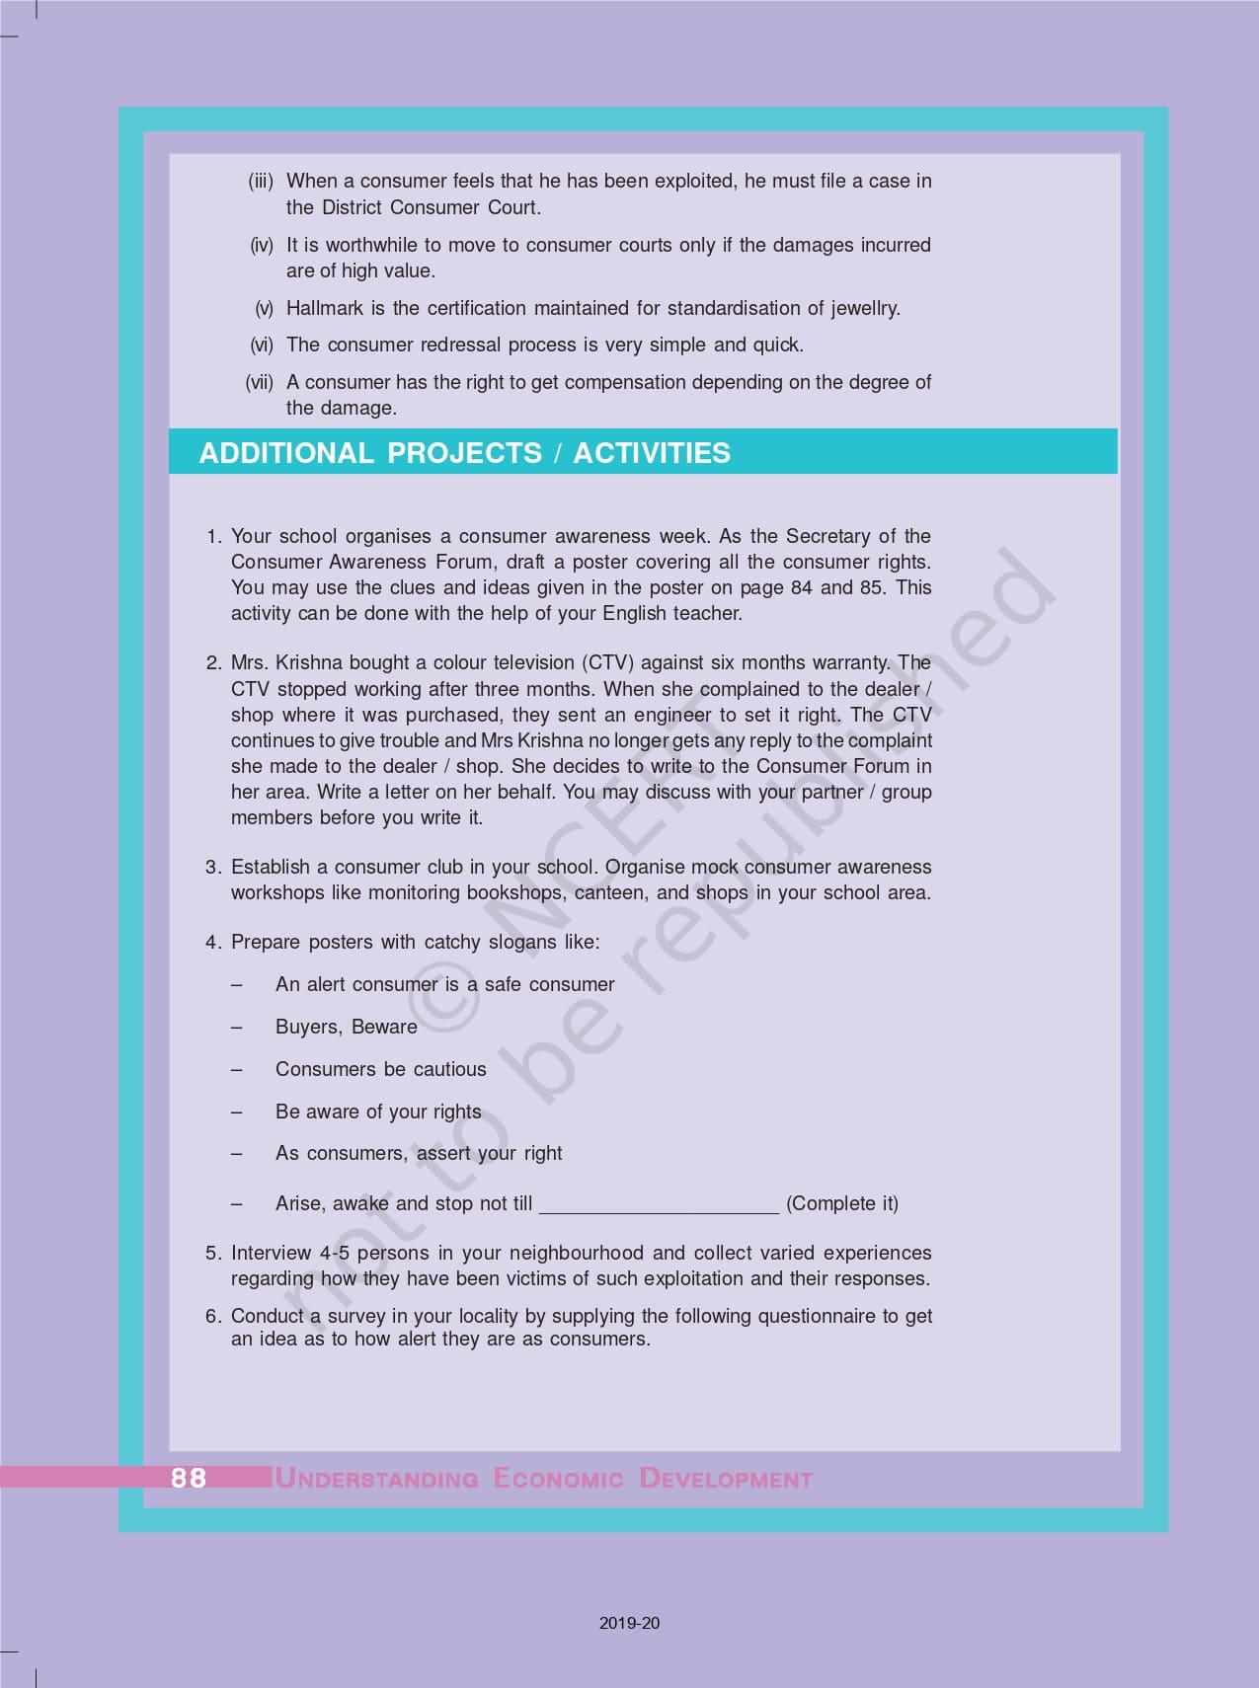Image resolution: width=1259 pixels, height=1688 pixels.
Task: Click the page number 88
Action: point(188,1477)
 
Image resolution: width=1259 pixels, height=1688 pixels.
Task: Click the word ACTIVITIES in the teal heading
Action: point(652,453)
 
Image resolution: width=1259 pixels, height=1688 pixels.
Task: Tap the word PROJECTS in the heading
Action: point(464,453)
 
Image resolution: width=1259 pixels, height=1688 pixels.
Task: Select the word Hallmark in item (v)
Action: point(325,308)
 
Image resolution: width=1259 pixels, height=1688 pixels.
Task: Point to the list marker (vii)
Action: point(259,382)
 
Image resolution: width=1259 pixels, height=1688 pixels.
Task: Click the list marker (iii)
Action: point(261,181)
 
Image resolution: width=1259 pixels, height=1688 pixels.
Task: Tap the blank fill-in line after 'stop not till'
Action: point(660,1204)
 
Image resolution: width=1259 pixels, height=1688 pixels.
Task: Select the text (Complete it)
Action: point(841,1203)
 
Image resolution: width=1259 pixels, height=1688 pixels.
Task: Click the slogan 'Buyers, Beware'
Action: point(346,1027)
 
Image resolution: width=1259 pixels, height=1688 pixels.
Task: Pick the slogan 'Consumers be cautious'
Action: point(380,1069)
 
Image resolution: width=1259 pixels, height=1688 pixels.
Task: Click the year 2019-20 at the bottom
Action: point(629,1623)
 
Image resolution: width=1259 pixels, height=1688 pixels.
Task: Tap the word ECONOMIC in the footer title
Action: point(558,1479)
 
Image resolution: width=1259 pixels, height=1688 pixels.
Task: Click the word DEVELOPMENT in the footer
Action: point(726,1479)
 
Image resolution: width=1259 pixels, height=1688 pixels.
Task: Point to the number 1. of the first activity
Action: point(214,536)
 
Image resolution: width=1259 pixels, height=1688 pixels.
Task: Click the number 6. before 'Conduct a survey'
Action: point(214,1316)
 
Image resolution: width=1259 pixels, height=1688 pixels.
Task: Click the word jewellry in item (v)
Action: point(865,308)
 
